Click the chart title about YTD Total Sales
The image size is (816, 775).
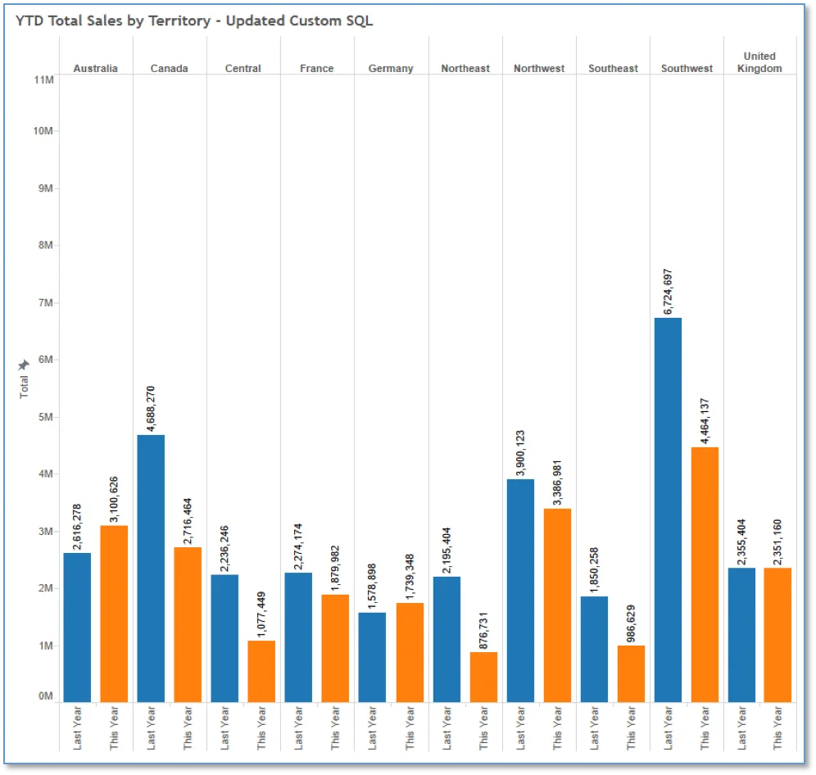pos(194,20)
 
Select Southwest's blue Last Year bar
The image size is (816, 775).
pos(668,510)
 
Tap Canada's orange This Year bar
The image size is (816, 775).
pos(188,624)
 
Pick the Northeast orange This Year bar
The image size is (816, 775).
pos(483,678)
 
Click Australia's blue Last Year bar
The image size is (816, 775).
pos(77,628)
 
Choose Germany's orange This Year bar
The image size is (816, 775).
pos(410,653)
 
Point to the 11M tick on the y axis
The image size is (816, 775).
pos(43,79)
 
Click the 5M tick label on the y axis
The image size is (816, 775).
pos(45,417)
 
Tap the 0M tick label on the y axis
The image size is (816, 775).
pos(45,696)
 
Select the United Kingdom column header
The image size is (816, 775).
pos(759,62)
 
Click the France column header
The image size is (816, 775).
pos(316,68)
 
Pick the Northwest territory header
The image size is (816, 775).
pos(538,68)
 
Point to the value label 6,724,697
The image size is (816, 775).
pos(668,292)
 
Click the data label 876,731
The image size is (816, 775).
pos(483,631)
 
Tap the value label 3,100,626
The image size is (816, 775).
pos(114,499)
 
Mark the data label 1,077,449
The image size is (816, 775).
pos(261,614)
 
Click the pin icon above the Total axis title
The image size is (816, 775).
pos(24,365)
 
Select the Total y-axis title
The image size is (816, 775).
pos(24,387)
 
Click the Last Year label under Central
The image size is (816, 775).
pos(224,727)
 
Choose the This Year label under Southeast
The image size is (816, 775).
pos(631,727)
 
